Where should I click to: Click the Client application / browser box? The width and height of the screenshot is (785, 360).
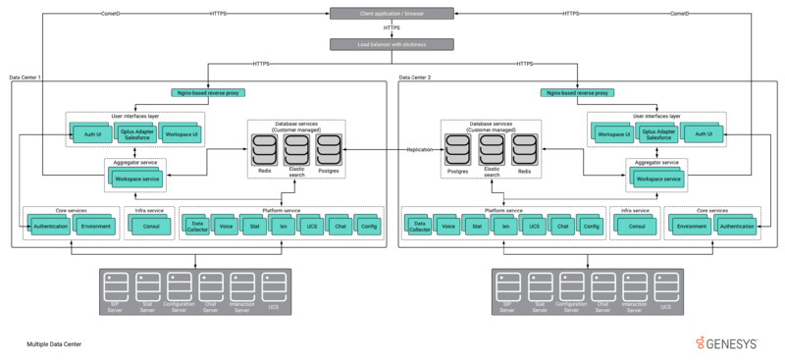point(392,13)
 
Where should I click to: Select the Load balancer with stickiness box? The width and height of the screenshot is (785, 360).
point(392,44)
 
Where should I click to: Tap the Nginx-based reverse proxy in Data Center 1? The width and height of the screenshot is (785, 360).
point(207,93)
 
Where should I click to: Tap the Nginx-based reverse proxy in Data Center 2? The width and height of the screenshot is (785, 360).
point(577,93)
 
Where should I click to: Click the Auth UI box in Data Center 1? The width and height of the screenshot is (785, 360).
point(92,133)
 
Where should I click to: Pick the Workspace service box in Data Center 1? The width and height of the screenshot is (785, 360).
point(136,180)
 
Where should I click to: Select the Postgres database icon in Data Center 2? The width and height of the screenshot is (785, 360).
point(457,150)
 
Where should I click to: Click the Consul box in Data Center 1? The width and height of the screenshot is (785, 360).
point(150,227)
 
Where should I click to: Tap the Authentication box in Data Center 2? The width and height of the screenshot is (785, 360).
point(736,227)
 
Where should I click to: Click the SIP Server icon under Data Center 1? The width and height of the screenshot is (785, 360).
point(115,286)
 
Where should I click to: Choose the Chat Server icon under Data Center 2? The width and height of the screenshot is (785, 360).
point(602,286)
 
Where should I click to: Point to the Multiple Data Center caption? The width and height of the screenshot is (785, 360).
point(54,344)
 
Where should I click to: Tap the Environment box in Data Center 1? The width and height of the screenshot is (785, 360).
point(95,227)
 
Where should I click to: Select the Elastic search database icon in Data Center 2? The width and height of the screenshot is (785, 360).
point(491,150)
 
